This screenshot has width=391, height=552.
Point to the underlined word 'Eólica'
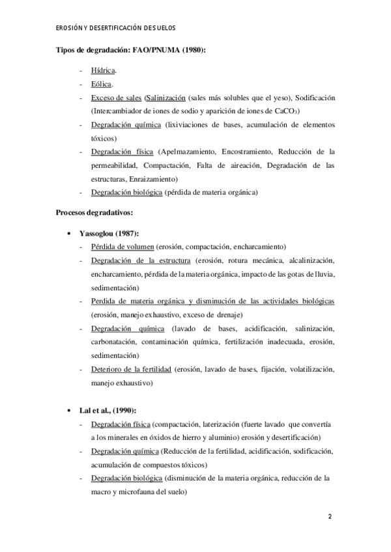[104, 84]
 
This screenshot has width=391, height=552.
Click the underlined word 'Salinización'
[165, 98]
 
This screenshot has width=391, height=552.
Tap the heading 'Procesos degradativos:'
[95, 212]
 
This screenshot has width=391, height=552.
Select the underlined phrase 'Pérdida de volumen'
[123, 247]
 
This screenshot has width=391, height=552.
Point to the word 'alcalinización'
[309, 260]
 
